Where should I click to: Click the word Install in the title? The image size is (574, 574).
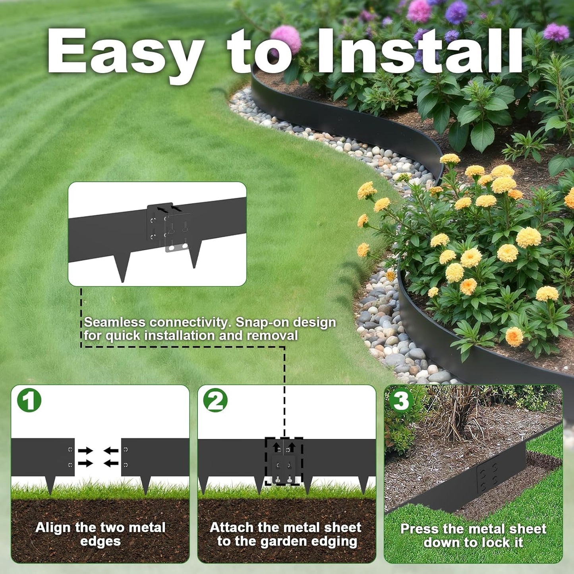click(x=419, y=52)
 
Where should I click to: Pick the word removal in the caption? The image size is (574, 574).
click(x=272, y=336)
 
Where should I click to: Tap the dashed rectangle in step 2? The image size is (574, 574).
click(x=284, y=461)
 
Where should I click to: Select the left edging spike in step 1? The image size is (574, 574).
click(x=50, y=485)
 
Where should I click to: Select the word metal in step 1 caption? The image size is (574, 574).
click(x=147, y=528)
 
